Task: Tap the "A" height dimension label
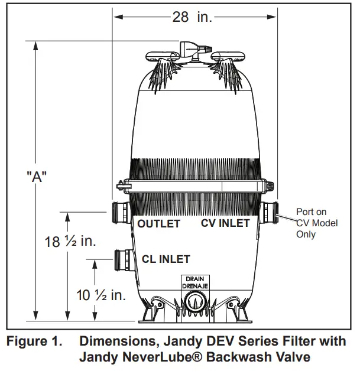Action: click(x=37, y=177)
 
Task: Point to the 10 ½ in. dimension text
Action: click(x=101, y=295)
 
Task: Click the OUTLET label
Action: click(x=158, y=224)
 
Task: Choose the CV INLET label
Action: click(x=225, y=223)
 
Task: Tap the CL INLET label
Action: click(x=166, y=259)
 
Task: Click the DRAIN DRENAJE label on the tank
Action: click(x=194, y=282)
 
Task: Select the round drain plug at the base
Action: click(x=194, y=302)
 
